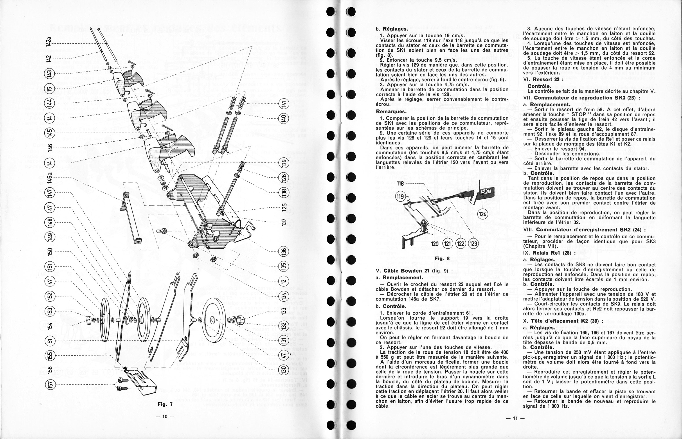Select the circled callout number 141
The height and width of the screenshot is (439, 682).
pos(284,104)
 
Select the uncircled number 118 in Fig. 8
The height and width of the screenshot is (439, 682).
pos(400,184)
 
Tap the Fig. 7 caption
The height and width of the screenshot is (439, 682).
pos(165,404)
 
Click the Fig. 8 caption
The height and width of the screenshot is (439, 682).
pos(442,259)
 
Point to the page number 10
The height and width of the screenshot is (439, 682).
pos(164,416)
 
